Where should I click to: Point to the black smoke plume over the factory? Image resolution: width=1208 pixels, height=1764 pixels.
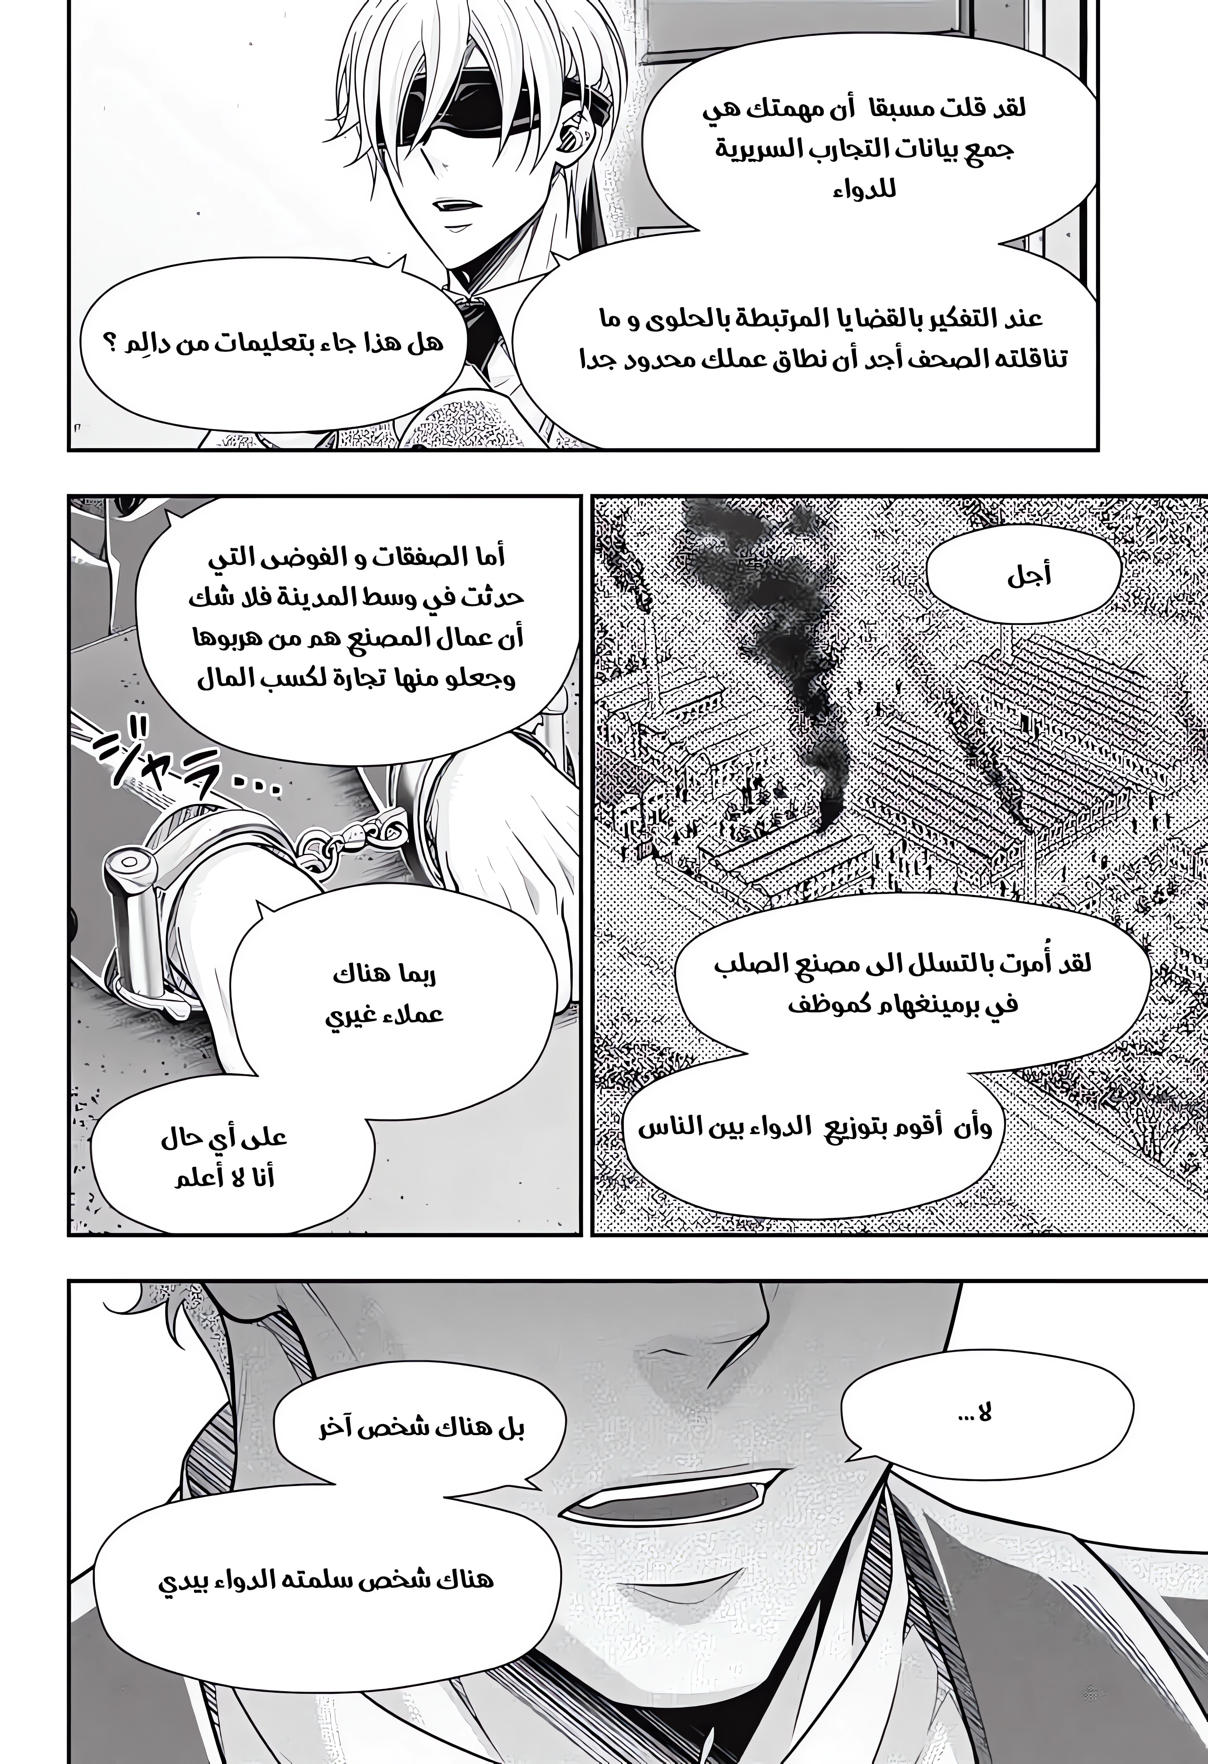(774, 645)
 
